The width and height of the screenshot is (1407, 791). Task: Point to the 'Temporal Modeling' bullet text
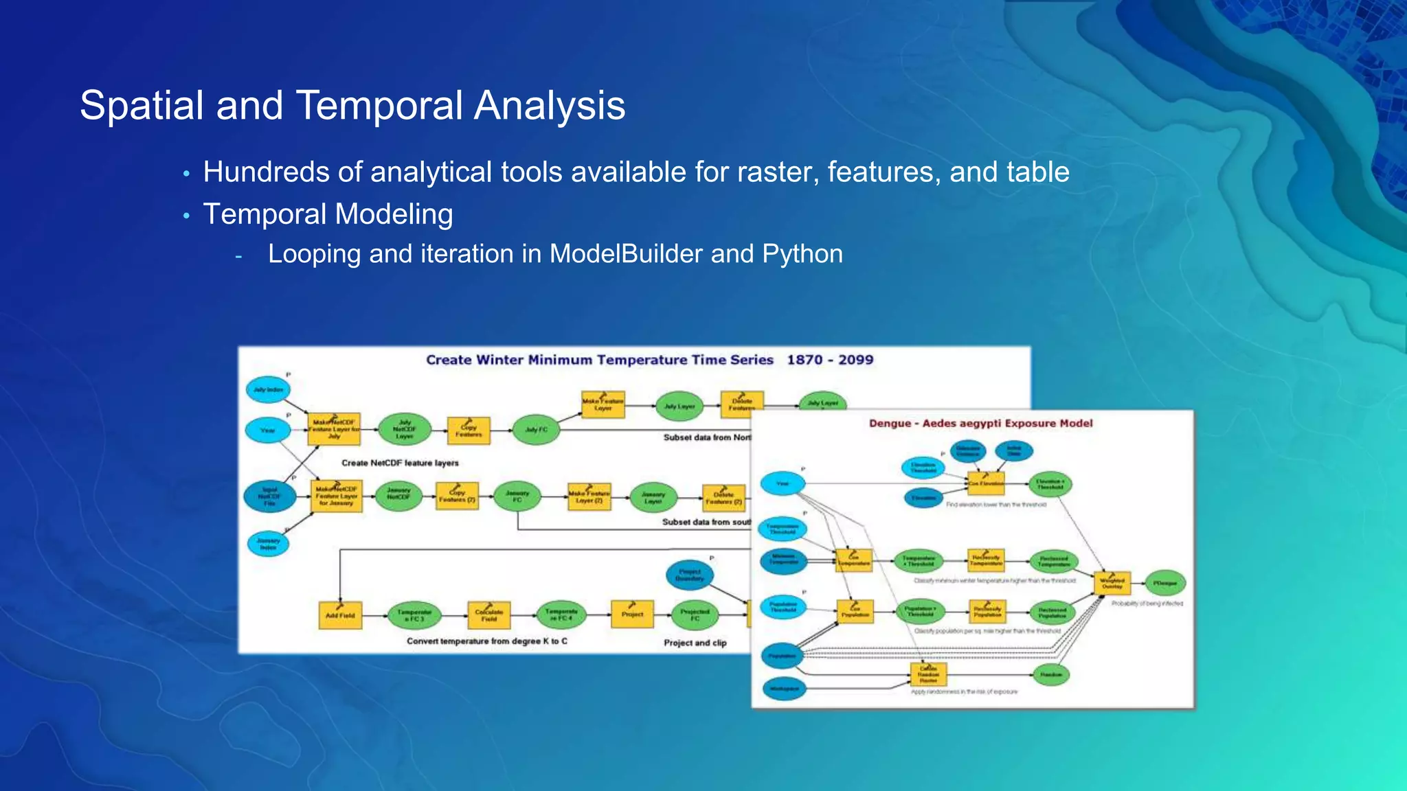click(328, 214)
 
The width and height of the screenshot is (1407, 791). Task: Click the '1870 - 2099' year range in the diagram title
click(830, 360)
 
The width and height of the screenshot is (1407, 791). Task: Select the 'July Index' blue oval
click(268, 390)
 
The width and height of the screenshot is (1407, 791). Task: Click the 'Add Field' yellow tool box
click(340, 615)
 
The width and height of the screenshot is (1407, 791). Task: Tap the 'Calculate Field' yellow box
click(489, 615)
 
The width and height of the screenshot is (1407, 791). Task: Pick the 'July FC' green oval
click(537, 430)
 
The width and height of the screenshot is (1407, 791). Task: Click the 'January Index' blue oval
click(268, 544)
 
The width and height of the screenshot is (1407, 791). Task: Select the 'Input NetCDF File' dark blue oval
click(269, 496)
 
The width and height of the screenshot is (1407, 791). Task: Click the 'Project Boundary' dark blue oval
click(690, 575)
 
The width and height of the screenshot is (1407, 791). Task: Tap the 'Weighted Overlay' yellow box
click(1112, 583)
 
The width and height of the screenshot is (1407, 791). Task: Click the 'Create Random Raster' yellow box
click(928, 674)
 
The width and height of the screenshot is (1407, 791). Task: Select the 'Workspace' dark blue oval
click(784, 688)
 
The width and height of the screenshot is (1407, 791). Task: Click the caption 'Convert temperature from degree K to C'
click(487, 641)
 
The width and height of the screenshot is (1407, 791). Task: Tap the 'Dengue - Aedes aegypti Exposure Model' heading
click(980, 424)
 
